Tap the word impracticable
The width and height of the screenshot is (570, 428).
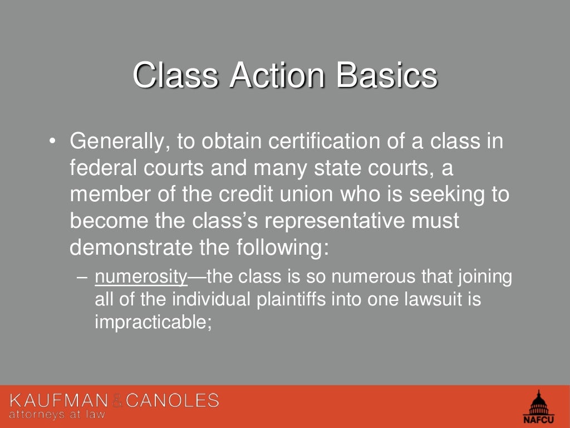(153, 322)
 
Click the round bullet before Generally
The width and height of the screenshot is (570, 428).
(52, 142)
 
